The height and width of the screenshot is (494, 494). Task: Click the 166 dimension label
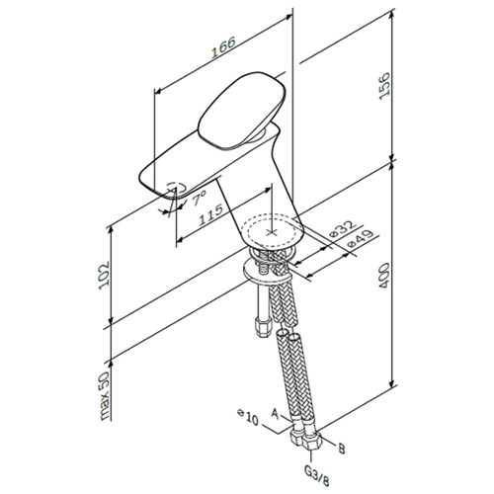223,47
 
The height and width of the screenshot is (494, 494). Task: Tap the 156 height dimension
384,86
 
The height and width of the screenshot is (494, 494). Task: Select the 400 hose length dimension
384,276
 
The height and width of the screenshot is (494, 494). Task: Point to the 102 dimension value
104,276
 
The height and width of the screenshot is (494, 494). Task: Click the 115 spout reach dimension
210,214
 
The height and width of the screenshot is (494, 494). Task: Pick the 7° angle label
199,198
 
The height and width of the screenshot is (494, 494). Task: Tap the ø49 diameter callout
361,238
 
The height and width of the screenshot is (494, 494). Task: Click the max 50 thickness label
105,396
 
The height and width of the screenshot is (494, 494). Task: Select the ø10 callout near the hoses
248,418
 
